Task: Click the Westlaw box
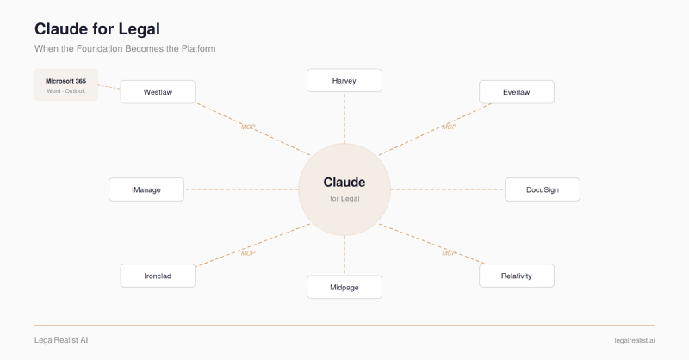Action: [x=158, y=92]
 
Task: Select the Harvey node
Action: [x=344, y=80]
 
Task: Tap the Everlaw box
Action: [x=516, y=92]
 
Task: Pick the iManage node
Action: [x=146, y=189]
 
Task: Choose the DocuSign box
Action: [x=543, y=189]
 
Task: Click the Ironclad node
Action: [x=158, y=276]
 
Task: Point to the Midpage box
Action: [x=344, y=287]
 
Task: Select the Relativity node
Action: [x=516, y=276]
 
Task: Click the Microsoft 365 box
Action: [x=66, y=85]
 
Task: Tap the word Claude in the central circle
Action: [x=344, y=183]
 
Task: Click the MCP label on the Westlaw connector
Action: [x=248, y=127]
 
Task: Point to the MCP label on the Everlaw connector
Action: [x=449, y=127]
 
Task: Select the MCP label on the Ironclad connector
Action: [x=248, y=253]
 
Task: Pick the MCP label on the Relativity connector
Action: [x=449, y=253]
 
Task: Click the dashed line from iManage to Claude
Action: [x=241, y=189]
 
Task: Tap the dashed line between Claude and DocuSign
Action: [x=447, y=189]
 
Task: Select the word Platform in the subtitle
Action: [x=199, y=48]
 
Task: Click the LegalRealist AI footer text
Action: [x=61, y=340]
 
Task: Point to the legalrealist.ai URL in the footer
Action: [x=635, y=341]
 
